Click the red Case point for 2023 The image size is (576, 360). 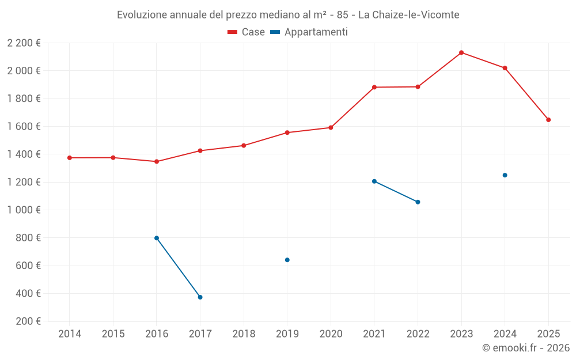coord(461,52)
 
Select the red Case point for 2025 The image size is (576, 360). coord(548,120)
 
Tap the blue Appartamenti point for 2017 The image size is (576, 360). coord(200,297)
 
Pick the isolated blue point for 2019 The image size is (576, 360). coord(287,260)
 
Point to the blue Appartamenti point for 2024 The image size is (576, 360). coord(505,175)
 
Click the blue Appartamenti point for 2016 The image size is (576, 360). coord(157,238)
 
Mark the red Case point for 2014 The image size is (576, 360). coord(70,158)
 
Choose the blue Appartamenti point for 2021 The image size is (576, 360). coord(374,181)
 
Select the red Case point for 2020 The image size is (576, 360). coord(331,128)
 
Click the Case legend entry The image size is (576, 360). coord(246,32)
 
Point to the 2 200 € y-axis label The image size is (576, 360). coord(24,43)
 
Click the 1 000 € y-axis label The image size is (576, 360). coord(24,210)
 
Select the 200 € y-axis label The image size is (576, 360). coord(28,321)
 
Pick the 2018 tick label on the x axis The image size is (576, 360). coord(244,334)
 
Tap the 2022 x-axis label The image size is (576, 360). coord(418,334)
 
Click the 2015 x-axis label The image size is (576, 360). coord(113,334)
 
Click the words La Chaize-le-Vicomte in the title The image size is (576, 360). coord(408,15)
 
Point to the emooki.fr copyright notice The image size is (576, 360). coord(525,348)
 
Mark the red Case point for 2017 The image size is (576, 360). coord(200,151)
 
